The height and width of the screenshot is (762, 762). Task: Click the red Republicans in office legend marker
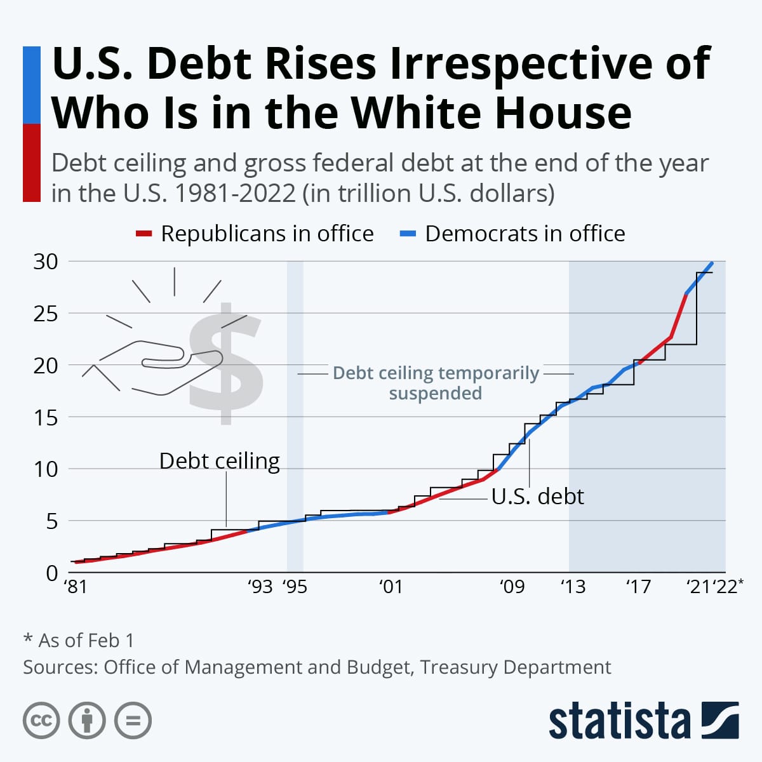point(144,234)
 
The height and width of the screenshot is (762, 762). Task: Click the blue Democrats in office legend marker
point(408,234)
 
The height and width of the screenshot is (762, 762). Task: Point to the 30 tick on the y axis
point(45,262)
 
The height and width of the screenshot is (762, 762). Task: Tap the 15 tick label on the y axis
point(45,418)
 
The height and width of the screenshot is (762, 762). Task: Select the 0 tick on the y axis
point(51,573)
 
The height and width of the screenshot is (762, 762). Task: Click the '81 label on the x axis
point(76,586)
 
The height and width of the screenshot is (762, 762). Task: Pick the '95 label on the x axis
point(295,586)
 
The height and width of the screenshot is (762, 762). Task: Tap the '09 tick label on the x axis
point(512,586)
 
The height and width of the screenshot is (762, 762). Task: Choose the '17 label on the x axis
point(638,586)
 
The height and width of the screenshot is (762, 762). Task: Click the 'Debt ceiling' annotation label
point(219,461)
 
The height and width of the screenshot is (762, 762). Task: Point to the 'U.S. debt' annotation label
point(537,496)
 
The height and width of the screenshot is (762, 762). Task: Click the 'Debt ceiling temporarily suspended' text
point(436,383)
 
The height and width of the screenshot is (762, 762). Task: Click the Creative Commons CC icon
point(41,721)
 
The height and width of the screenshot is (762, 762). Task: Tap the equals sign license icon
point(133,721)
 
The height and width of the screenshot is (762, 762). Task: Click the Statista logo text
point(619,721)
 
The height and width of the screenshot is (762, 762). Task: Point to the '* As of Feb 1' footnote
point(79,640)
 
